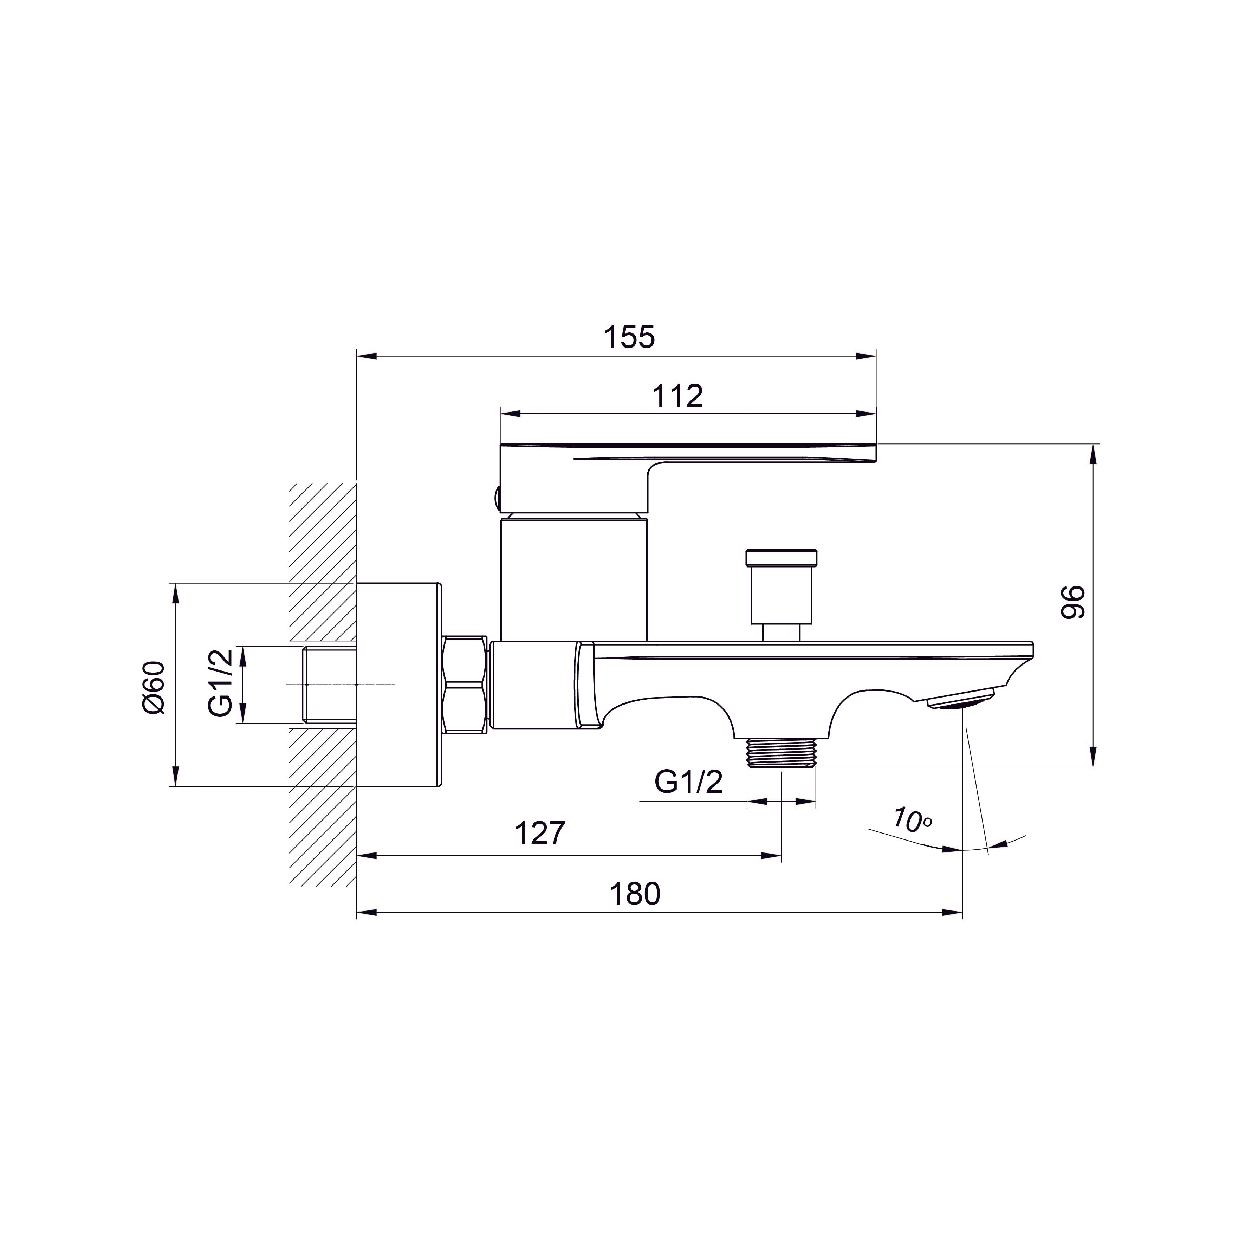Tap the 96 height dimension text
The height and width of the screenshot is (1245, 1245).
(x=1073, y=603)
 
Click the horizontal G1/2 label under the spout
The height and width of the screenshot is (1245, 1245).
(x=688, y=782)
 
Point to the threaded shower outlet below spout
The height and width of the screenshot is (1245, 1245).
(x=781, y=752)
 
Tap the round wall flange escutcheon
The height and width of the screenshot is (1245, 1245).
(x=399, y=685)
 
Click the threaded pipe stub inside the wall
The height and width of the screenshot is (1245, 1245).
(x=330, y=685)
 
